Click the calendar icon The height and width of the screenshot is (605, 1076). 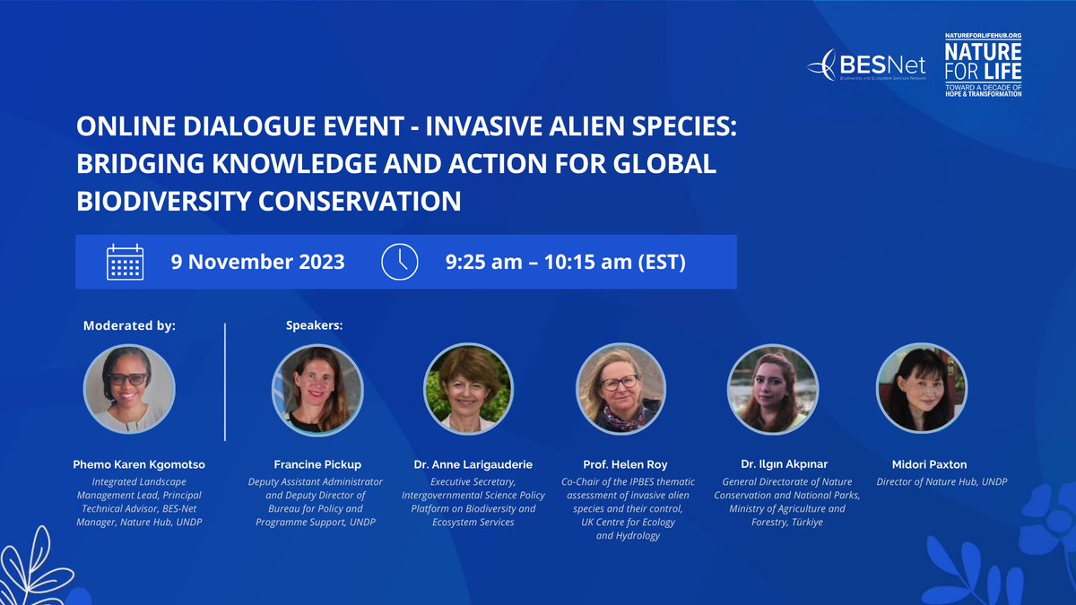[125, 262]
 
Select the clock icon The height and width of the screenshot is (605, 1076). [400, 262]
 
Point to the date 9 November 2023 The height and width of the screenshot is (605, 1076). [257, 263]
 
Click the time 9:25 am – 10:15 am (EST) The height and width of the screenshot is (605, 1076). [565, 263]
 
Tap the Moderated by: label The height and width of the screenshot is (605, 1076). [129, 325]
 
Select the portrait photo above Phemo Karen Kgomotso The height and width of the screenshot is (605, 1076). [129, 389]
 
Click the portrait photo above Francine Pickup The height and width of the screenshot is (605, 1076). [317, 389]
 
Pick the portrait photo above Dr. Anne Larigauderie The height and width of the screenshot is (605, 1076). [467, 389]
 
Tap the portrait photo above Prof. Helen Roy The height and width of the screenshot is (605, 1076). [620, 389]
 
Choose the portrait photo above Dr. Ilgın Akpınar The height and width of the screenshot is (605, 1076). [772, 389]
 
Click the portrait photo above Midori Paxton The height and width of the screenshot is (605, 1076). [921, 389]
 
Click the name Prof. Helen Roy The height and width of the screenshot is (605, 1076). [620, 464]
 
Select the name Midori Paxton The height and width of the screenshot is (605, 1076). [921, 464]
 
